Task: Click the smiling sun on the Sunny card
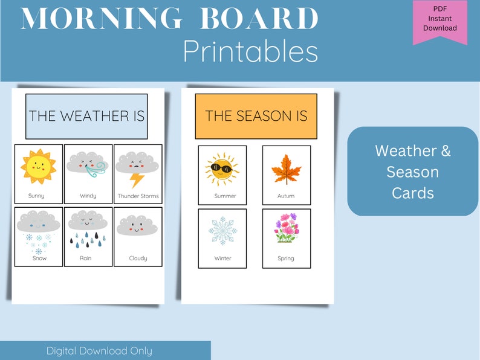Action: click(x=37, y=167)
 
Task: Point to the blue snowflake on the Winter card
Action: click(x=222, y=231)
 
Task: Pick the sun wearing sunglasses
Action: click(x=222, y=169)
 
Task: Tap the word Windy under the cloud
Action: click(x=88, y=196)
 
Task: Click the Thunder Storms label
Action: click(x=138, y=196)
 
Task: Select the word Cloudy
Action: click(x=138, y=259)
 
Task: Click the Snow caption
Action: click(x=39, y=259)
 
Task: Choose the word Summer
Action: click(x=225, y=196)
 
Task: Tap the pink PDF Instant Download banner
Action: click(x=439, y=21)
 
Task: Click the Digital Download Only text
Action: click(x=99, y=350)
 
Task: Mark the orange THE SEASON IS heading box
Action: click(x=256, y=116)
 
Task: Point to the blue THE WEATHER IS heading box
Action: click(x=86, y=116)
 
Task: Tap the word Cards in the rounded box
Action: click(x=412, y=193)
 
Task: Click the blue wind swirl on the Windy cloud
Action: click(x=96, y=169)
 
